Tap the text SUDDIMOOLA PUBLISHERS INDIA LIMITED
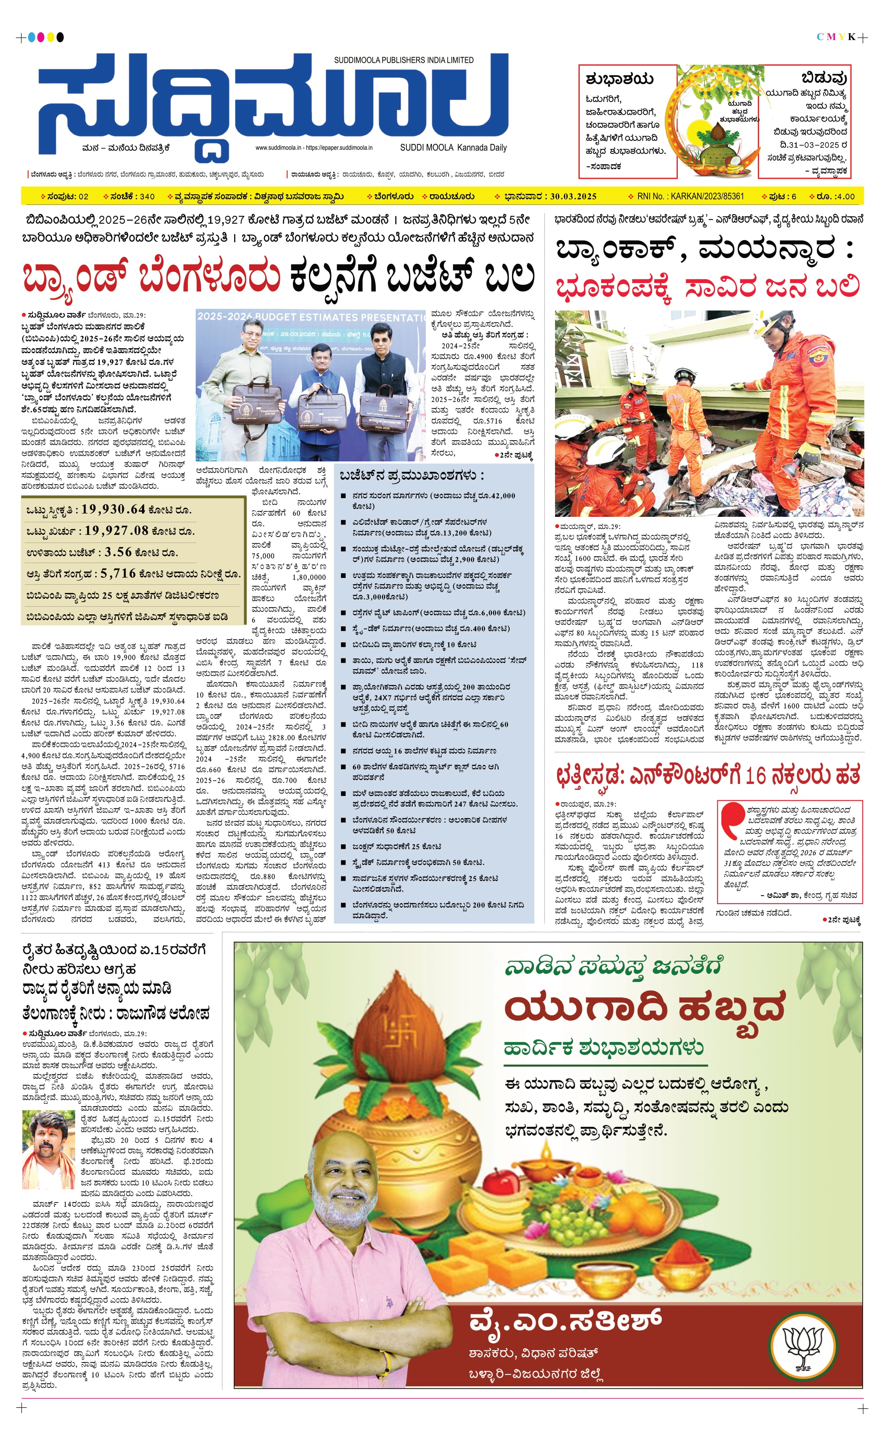coord(404,60)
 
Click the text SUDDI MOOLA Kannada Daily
coord(453,148)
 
